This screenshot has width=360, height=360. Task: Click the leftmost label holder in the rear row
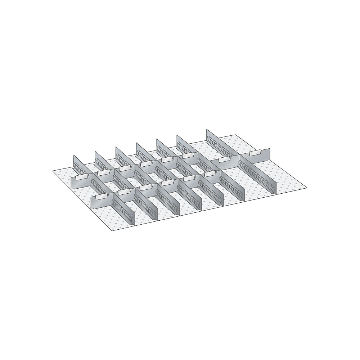pyautogui.click(x=82, y=176)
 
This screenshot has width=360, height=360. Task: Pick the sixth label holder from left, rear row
pyautogui.click(x=187, y=156)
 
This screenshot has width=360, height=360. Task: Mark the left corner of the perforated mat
pyautogui.click(x=53, y=171)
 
